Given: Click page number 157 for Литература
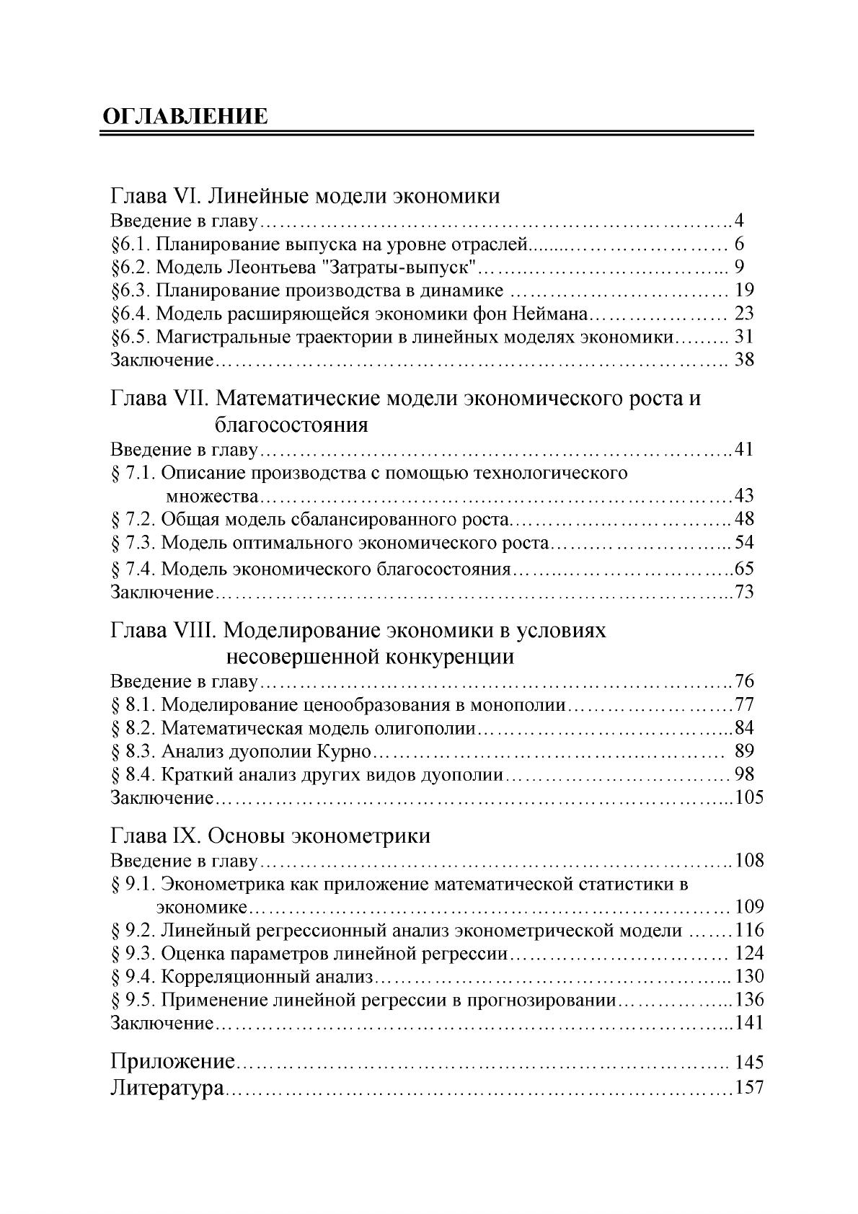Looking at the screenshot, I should pyautogui.click(x=748, y=1088).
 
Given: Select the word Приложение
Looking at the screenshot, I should pyautogui.click(x=173, y=1062).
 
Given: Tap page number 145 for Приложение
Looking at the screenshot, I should pyautogui.click(x=748, y=1062).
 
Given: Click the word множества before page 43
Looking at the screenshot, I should pyautogui.click(x=212, y=496).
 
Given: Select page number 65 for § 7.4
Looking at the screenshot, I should pyautogui.click(x=743, y=569).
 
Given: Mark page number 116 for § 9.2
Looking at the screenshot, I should pyautogui.click(x=748, y=931).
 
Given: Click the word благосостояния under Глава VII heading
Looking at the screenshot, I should pyautogui.click(x=291, y=424).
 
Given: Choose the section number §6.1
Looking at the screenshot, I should pyautogui.click(x=130, y=244).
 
